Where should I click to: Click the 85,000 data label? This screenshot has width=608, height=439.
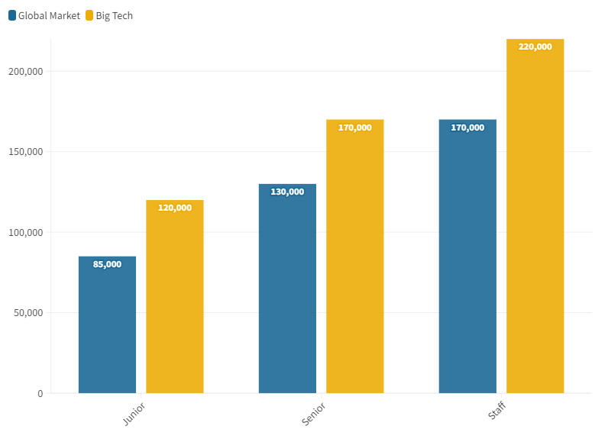coord(107,264)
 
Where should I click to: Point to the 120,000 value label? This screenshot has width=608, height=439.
coord(175,208)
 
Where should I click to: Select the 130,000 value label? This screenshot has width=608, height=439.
coord(287,192)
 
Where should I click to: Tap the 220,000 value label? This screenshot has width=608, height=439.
coord(535,47)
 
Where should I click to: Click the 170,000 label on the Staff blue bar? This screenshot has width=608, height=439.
coord(467,128)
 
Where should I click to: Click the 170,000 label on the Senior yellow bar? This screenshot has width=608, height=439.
coord(354,128)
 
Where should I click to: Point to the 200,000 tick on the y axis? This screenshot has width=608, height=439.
coord(26,71)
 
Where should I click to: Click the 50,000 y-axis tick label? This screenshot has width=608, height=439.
coord(28,313)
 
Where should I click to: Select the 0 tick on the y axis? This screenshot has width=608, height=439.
coord(40,393)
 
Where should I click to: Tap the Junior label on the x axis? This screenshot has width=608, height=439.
coord(134,413)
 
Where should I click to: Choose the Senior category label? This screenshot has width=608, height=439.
coord(313,413)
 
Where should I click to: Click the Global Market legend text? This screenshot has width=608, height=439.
coord(49,15)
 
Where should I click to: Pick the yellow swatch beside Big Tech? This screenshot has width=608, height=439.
coord(89,15)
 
